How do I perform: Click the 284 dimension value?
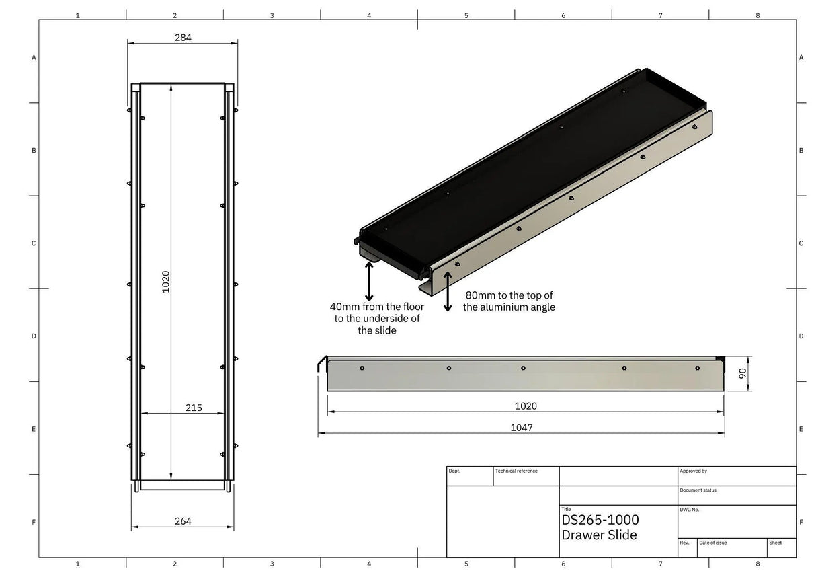pos(183,38)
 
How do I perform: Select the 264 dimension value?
pos(183,521)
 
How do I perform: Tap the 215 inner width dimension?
pos(194,408)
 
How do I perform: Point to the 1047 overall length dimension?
pos(522,428)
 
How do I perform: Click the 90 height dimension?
pos(743,373)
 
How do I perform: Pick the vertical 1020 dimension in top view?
pos(165,281)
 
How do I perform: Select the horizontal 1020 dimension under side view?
pos(526,406)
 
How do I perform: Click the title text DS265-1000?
pos(600,520)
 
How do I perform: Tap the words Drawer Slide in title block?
pos(599,535)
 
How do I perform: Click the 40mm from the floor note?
pos(377,318)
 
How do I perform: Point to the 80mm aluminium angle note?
pos(509,301)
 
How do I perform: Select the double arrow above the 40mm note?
pos(369,281)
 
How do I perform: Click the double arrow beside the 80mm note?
pos(448,291)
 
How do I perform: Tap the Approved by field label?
pos(693,471)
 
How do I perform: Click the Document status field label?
pos(698,490)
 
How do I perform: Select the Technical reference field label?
pos(516,471)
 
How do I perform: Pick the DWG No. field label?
pos(690,510)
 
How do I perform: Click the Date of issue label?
pos(712,543)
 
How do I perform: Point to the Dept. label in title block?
pos(454,471)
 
